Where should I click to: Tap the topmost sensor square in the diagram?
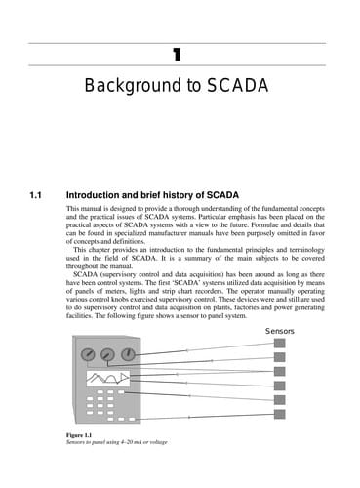279,344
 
